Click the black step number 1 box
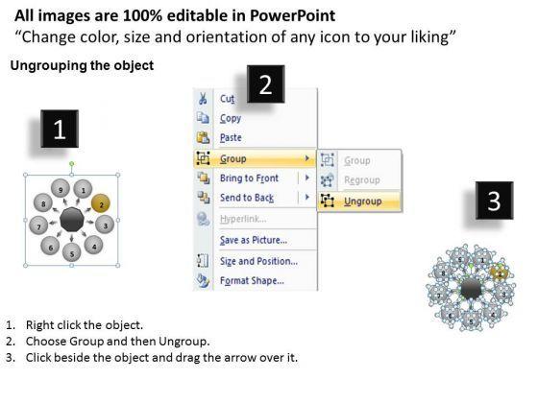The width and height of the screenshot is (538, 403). [60, 129]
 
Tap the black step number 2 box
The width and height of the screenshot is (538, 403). [265, 84]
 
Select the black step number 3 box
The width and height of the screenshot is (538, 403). [494, 201]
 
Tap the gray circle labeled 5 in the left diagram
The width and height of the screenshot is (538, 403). [72, 252]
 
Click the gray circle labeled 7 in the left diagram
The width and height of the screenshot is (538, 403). [38, 225]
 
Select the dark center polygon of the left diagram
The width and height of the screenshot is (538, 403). [72, 221]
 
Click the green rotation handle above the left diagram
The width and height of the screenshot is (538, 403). [72, 164]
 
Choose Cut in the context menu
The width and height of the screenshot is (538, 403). [227, 99]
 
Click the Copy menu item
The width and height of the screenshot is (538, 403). [231, 119]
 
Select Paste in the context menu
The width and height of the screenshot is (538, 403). [231, 138]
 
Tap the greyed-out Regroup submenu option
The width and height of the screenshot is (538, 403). [362, 180]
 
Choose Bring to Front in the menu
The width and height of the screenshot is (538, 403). [249, 178]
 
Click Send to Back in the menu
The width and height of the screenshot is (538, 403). [247, 198]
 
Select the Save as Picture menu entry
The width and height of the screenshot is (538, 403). [254, 240]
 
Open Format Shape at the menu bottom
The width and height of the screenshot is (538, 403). [252, 280]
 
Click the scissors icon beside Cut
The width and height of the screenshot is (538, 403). [203, 98]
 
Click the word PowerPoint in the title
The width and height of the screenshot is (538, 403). [292, 15]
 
